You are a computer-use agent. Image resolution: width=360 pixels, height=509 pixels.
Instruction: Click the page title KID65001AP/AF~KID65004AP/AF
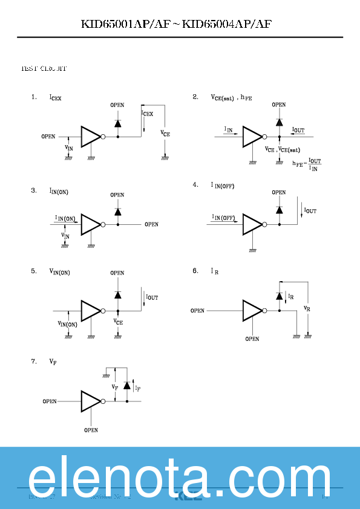[x=180, y=24]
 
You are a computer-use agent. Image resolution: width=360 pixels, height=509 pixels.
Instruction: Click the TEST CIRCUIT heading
[x=44, y=69]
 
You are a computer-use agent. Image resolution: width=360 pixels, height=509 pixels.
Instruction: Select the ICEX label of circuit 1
[x=55, y=97]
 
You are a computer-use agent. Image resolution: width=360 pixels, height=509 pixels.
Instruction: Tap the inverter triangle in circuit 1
[x=90, y=137]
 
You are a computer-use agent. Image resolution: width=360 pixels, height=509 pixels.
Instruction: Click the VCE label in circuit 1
[x=165, y=133]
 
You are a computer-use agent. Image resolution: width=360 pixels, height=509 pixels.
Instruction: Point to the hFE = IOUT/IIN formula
[x=307, y=164]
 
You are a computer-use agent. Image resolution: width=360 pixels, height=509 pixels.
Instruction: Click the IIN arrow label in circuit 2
[x=229, y=129]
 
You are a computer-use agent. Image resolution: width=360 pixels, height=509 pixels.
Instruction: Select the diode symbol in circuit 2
[x=279, y=122]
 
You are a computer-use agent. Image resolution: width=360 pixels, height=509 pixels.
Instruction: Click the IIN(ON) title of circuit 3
[x=59, y=191]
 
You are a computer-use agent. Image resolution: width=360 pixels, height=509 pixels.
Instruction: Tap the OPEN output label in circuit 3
[x=151, y=224]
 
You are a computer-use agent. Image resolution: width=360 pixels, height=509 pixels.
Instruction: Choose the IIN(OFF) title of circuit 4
[x=222, y=185]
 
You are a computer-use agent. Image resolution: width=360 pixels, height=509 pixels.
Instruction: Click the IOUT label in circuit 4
[x=310, y=211]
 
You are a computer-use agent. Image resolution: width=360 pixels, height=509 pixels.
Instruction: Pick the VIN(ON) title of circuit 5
[x=59, y=272]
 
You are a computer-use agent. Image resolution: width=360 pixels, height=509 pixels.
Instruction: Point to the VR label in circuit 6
[x=307, y=308]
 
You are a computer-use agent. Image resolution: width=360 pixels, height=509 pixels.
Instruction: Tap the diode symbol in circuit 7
[x=126, y=385]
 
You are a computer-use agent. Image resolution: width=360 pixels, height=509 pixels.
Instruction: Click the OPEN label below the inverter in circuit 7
[x=91, y=430]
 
